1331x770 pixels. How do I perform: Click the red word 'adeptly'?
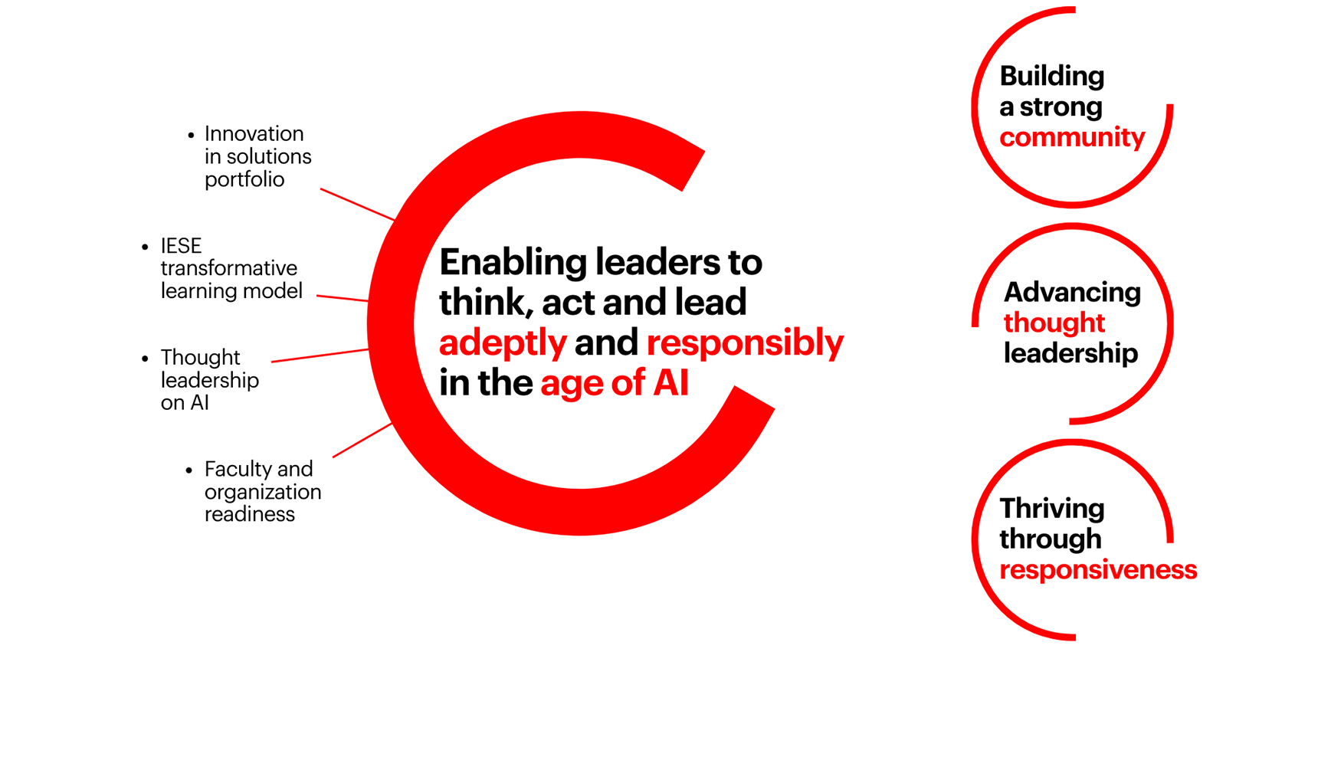pos(503,343)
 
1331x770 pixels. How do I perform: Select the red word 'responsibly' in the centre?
pos(745,343)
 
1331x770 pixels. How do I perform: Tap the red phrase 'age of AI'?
pos(615,382)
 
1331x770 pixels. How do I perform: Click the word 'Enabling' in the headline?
pos(513,262)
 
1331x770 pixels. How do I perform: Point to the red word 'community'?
pos(1072,138)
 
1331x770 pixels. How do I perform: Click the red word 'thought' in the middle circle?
pos(1054,323)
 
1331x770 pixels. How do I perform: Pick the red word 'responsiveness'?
pos(1098,569)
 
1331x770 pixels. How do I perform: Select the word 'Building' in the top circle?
pos(1052,76)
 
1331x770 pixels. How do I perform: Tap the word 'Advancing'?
pos(1072,293)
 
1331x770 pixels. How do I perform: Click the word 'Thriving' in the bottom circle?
pos(1052,508)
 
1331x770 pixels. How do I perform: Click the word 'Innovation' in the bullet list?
pos(254,133)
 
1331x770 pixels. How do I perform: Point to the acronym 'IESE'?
pos(181,245)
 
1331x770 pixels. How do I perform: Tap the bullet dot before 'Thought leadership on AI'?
pos(146,359)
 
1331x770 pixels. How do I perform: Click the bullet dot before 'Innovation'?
pos(191,135)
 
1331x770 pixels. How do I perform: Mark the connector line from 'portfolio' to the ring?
pos(358,205)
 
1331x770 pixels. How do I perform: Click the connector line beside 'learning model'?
pos(343,298)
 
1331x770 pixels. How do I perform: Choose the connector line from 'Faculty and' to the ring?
pos(362,440)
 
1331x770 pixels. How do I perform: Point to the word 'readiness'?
pos(250,514)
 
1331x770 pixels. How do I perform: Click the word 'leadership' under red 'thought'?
pos(1070,353)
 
